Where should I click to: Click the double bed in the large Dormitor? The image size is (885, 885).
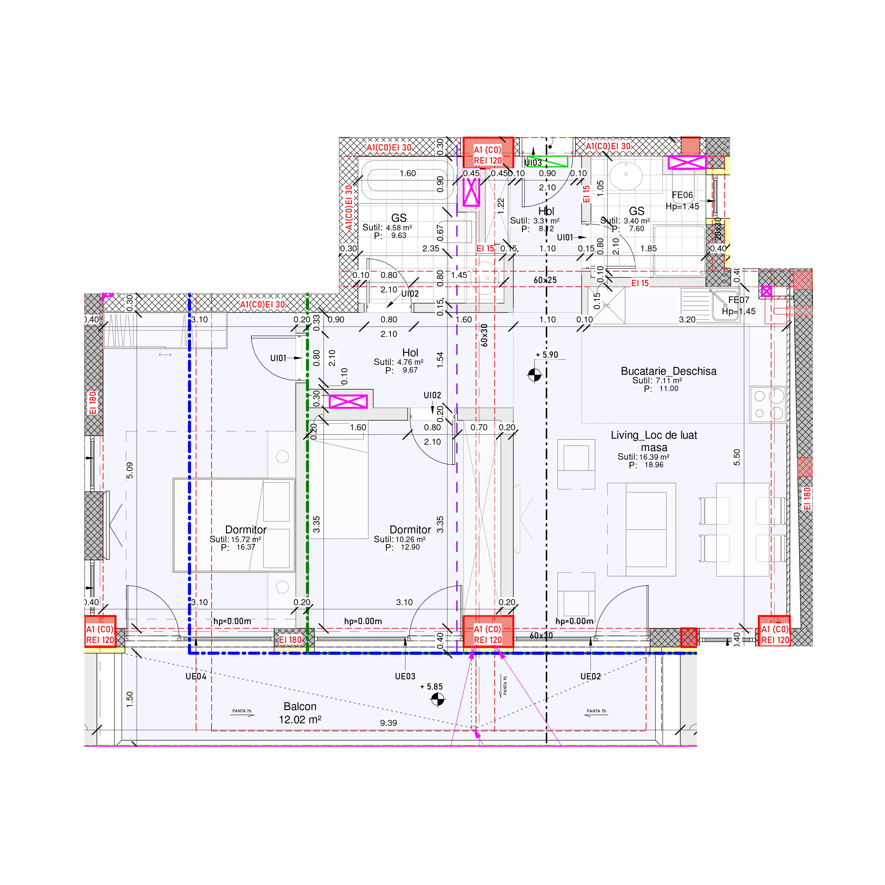tap(234, 525)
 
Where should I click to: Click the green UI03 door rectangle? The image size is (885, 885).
tap(547, 161)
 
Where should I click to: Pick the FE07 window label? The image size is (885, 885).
tap(738, 300)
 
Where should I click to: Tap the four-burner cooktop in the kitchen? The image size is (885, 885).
tap(768, 404)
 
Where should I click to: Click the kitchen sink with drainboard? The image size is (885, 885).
tap(710, 305)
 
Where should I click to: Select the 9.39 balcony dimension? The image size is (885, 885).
tap(388, 723)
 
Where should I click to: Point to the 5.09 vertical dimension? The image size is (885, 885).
tap(130, 471)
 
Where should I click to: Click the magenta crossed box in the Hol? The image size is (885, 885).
tap(348, 401)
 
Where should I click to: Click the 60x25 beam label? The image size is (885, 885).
tap(545, 280)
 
